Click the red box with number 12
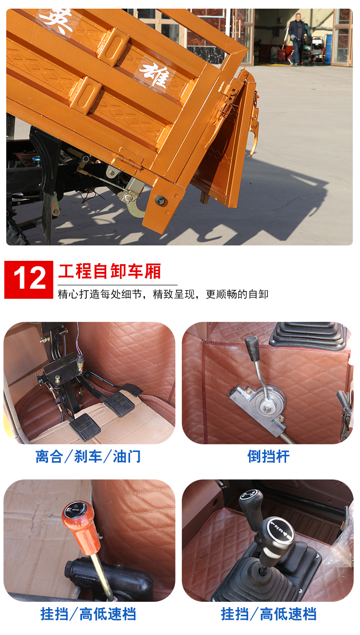click(x=29, y=280)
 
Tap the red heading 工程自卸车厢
click(x=109, y=271)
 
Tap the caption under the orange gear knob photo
click(x=88, y=614)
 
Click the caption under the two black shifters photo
click(x=268, y=614)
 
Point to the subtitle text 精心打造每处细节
click(x=101, y=294)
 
